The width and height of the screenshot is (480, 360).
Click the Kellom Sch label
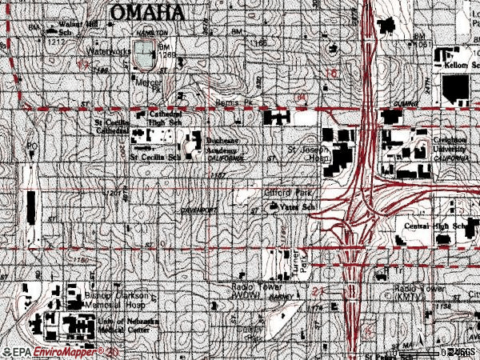point(455,65)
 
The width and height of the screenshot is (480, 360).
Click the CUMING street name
point(407,104)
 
